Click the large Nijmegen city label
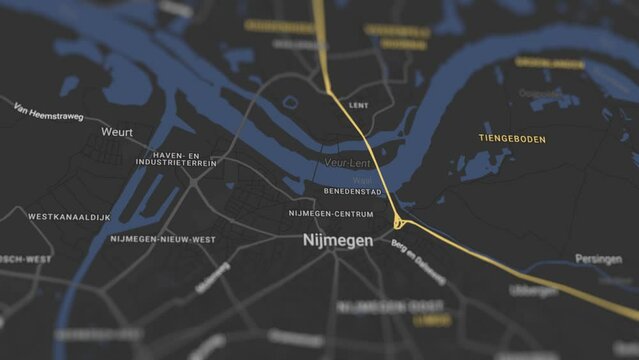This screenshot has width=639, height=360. [338, 241]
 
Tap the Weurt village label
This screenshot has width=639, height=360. [117, 132]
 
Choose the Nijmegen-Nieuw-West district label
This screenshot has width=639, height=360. [163, 240]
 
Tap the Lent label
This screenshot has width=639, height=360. [358, 105]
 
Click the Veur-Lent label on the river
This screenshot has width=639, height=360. [347, 162]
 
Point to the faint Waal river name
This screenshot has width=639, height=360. [361, 179]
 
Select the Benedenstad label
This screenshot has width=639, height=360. [352, 190]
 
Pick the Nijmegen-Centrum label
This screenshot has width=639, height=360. [331, 213]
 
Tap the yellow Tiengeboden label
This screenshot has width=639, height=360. [512, 138]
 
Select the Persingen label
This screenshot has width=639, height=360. [598, 259]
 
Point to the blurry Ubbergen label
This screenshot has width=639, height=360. [533, 291]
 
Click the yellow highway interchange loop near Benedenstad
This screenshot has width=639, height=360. [399, 222]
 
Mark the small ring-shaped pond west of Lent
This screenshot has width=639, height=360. [290, 102]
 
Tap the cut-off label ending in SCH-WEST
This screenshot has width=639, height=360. [24, 259]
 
